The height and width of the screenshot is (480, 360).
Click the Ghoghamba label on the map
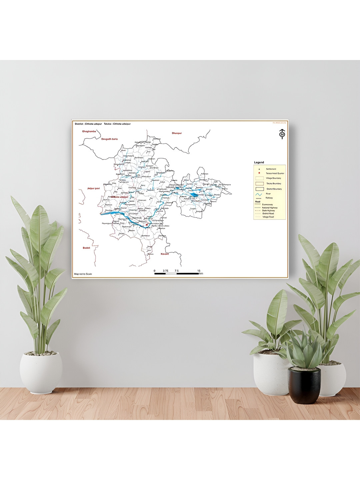coord(89,131)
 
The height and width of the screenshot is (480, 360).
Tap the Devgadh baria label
coord(109,139)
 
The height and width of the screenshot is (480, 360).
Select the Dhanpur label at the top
coord(177,133)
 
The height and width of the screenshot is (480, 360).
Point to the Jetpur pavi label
coord(93,188)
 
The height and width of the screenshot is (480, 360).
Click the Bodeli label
coord(87,248)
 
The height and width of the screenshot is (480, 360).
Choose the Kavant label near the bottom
coord(165,254)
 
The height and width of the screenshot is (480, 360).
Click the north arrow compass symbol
coord(282,134)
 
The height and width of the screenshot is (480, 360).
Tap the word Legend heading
coord(259,162)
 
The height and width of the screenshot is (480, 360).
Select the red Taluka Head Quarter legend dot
coord(259,173)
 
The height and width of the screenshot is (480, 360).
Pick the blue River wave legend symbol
coord(259,194)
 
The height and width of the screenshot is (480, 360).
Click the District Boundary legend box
coord(259,189)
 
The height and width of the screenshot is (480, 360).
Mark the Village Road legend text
coord(268,217)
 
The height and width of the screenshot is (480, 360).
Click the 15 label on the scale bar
coord(199,271)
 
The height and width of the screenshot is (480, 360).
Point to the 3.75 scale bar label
coord(165,271)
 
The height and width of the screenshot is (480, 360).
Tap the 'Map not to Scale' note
coord(83,274)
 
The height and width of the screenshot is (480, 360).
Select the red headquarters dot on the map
coord(147,224)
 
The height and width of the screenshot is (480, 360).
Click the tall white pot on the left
coord(41,371)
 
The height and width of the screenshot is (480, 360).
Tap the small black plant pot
coord(304,385)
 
